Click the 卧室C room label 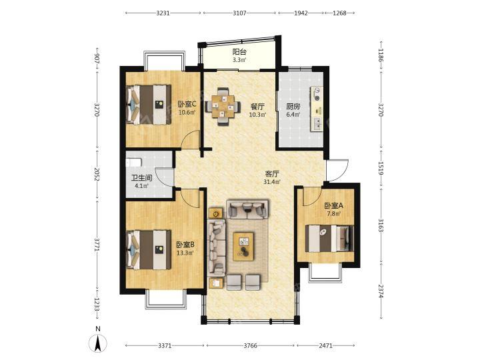click(x=187, y=104)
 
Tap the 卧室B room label click(x=185, y=245)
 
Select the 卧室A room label click(x=334, y=206)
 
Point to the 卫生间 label click(x=142, y=178)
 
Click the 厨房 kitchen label click(x=293, y=107)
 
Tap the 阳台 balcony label click(x=239, y=52)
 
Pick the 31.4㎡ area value click(x=273, y=182)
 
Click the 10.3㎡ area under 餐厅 click(x=257, y=115)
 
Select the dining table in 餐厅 click(x=223, y=107)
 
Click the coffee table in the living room click(x=244, y=247)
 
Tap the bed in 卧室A click(x=330, y=239)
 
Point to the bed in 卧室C click(x=149, y=105)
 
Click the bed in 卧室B click(x=149, y=250)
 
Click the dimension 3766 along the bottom click(x=250, y=345)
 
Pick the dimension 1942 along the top click(x=301, y=13)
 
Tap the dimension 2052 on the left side click(x=97, y=175)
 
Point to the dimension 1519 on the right click(x=381, y=169)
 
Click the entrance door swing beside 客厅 click(x=337, y=170)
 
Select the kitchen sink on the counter click(x=317, y=124)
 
